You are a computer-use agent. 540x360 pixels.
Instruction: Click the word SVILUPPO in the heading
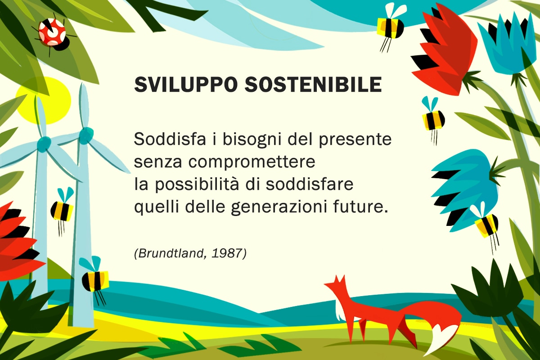[x=184, y=85]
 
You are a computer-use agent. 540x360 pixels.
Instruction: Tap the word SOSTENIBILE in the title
[x=313, y=85]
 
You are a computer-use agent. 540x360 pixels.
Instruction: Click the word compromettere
[x=252, y=162]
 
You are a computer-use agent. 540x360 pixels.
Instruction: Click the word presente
[x=355, y=140]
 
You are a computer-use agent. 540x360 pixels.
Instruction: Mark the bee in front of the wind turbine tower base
[x=94, y=281]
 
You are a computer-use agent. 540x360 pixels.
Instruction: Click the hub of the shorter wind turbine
[x=43, y=144]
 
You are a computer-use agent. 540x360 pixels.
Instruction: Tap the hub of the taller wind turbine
[x=86, y=135]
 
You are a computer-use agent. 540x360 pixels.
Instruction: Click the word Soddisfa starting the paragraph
[x=170, y=139]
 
